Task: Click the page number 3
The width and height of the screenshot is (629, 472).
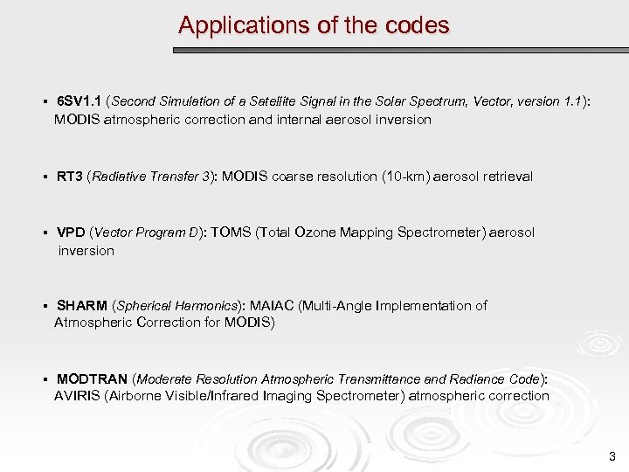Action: (x=612, y=455)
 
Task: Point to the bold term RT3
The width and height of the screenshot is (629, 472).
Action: (x=70, y=177)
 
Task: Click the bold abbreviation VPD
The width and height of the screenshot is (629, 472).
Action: (x=71, y=233)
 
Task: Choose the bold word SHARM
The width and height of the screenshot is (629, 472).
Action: (x=82, y=306)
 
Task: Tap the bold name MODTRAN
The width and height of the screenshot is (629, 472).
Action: (x=92, y=379)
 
